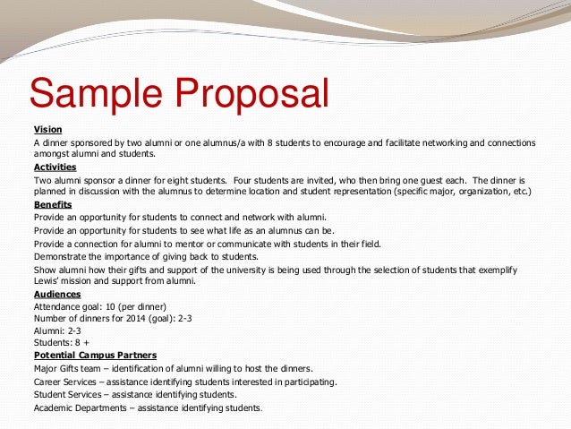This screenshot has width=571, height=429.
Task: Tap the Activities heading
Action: pos(55,167)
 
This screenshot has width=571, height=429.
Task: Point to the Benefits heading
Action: pos(52,204)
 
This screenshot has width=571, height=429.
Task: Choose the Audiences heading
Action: pos(56,293)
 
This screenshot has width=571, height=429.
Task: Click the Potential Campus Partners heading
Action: pos(95,356)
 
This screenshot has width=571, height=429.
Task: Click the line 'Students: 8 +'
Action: pos(60,343)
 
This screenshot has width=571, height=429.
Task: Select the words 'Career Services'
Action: pos(67,382)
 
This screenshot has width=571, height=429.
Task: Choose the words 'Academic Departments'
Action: pos(80,408)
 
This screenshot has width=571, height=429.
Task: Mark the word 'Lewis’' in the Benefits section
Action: pos(47,280)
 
